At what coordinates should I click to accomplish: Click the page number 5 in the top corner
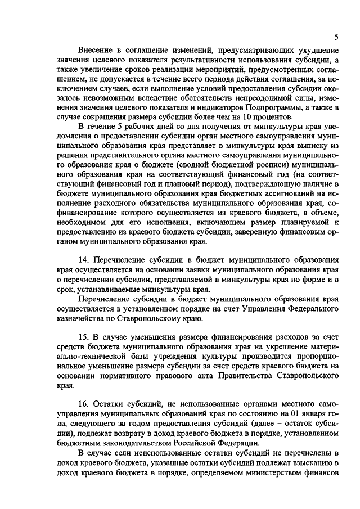[x=335, y=37]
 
